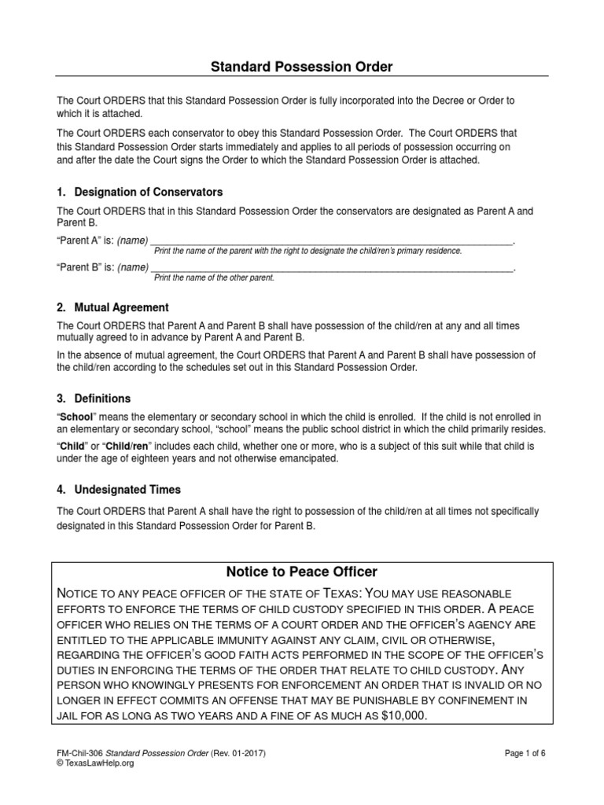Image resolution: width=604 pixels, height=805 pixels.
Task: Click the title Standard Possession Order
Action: [301, 67]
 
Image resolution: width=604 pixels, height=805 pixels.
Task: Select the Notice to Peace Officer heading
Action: [302, 571]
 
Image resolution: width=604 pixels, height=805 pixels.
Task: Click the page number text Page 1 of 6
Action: [525, 752]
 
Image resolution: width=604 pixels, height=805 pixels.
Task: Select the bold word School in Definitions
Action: [78, 416]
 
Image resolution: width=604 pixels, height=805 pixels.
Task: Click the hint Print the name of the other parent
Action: [214, 278]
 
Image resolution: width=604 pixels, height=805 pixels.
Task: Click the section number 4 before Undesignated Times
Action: [61, 489]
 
